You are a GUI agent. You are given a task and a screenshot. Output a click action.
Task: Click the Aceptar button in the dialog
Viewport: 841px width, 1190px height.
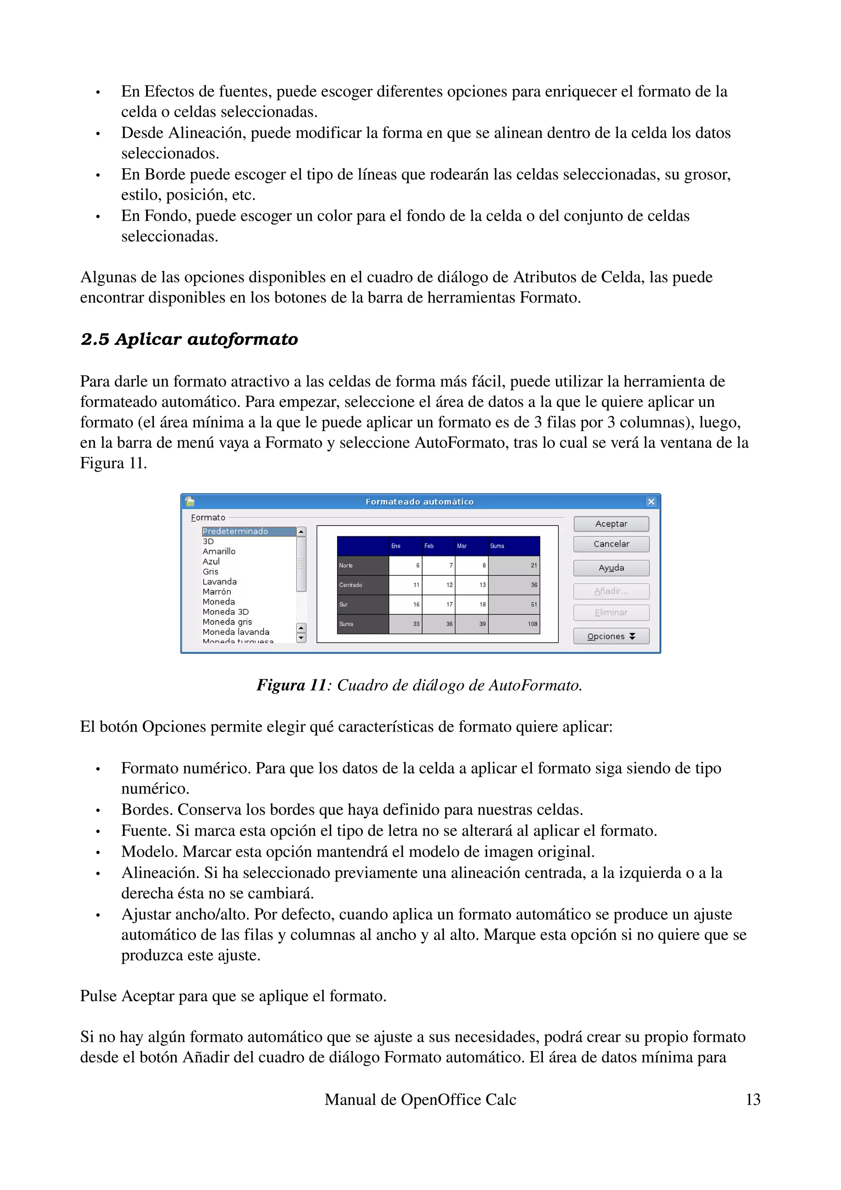tap(611, 524)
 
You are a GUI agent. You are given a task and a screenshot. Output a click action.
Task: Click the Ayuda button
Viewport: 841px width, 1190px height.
tap(611, 568)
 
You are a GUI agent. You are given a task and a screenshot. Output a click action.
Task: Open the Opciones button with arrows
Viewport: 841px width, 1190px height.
tap(611, 636)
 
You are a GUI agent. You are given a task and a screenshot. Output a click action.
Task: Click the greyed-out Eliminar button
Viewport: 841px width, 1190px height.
tap(611, 613)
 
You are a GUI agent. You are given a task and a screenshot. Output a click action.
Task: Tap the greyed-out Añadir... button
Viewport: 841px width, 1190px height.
tap(611, 591)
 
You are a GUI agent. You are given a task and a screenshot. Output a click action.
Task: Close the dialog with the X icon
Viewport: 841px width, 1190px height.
tap(651, 502)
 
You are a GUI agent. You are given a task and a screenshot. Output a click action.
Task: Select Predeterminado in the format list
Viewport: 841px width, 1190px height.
tap(235, 531)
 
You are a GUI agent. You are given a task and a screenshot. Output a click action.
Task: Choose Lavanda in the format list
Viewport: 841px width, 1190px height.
tap(220, 581)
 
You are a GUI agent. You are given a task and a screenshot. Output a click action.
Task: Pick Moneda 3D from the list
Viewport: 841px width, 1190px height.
tap(225, 611)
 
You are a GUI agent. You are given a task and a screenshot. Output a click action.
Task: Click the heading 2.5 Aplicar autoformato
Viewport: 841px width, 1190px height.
tap(189, 340)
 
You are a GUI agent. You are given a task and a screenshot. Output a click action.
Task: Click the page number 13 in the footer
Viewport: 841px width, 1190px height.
tap(752, 1099)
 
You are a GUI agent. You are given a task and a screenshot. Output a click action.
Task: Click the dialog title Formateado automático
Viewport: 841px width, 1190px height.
tap(419, 502)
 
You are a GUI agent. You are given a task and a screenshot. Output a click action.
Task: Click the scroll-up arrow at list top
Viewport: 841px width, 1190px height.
tap(301, 532)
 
